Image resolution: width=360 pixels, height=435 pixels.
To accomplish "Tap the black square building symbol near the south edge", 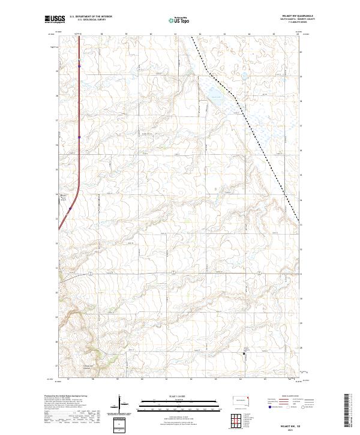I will [x=244, y=355].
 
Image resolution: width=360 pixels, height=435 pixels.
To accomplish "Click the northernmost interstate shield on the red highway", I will [x=79, y=66].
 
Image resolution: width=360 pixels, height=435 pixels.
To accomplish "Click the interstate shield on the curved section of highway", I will [x=70, y=209].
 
